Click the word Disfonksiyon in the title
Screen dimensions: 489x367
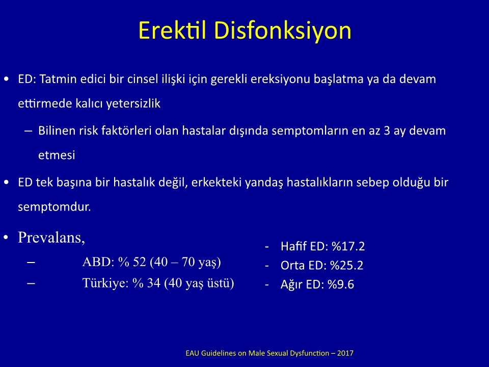283,31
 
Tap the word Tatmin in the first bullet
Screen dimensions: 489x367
59,78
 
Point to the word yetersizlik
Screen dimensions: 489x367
133,103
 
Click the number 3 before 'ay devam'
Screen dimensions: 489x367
387,130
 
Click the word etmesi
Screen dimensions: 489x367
57,155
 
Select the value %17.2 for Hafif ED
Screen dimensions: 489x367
348,246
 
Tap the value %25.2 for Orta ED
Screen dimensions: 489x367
347,265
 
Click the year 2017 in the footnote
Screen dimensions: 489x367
345,353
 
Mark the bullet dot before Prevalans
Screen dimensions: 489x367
6,238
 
